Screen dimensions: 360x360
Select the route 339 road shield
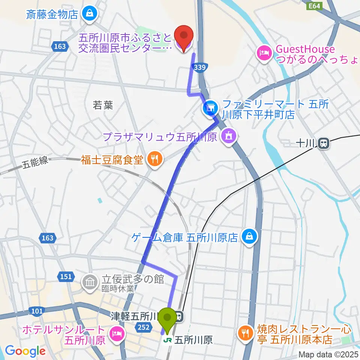coord(199,66)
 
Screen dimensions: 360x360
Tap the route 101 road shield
coord(38,310)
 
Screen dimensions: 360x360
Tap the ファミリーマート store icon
coord(209,108)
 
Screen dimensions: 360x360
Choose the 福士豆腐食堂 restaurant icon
coord(154,160)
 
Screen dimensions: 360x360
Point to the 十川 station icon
coord(322,142)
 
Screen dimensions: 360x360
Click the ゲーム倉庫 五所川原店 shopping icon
coord(248,237)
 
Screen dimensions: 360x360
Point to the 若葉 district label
coord(103,105)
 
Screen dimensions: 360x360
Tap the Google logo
coord(25,351)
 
